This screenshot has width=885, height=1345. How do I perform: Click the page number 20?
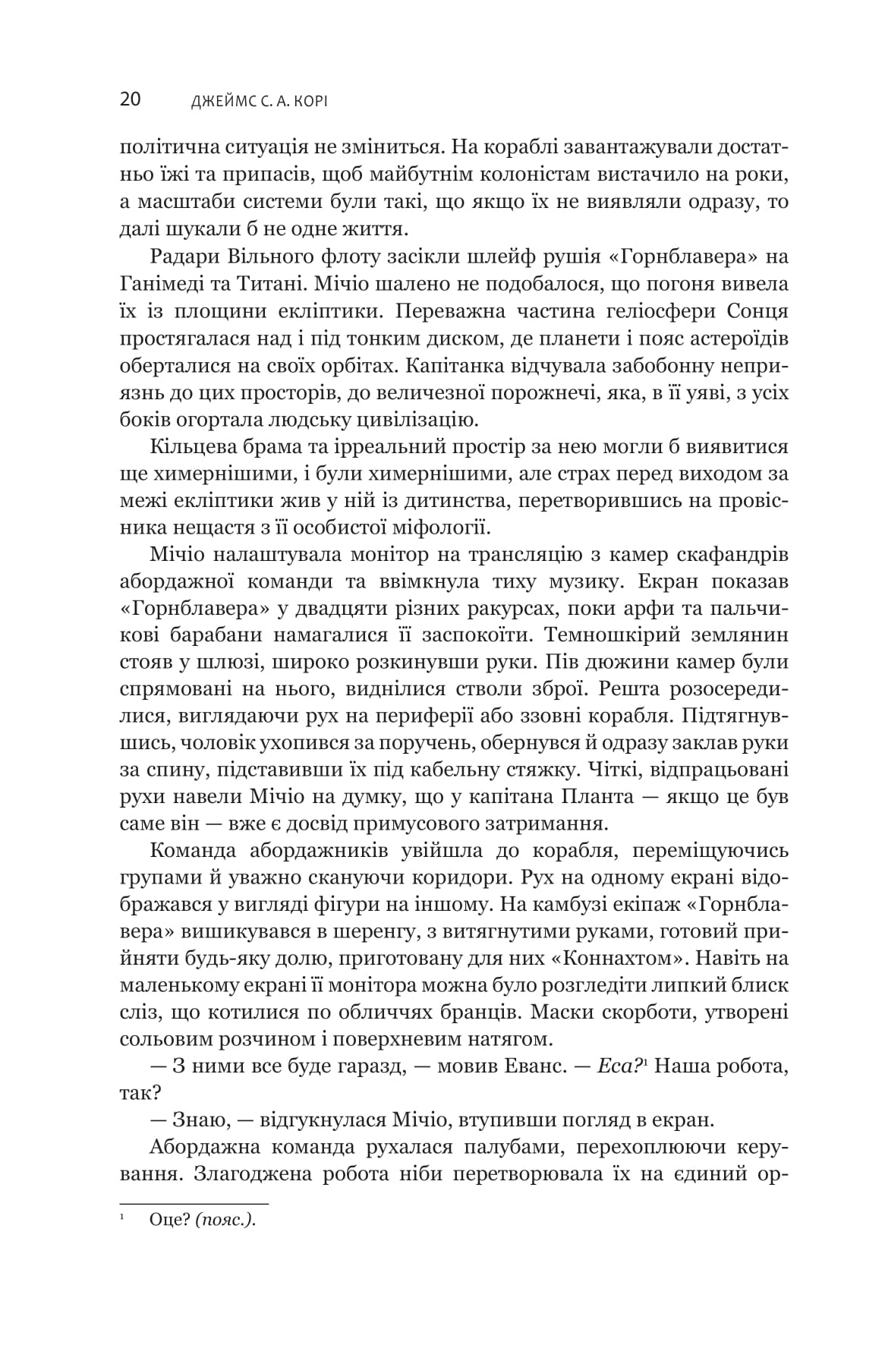[130, 101]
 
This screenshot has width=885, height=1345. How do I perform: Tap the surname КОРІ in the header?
[308, 102]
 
